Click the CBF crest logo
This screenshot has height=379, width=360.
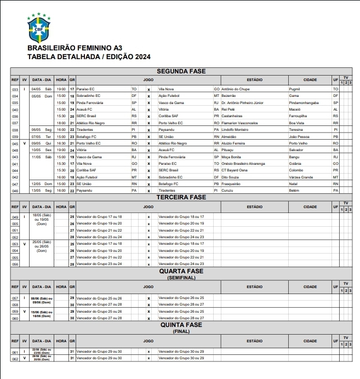point(38,28)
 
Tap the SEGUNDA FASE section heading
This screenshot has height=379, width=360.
point(181,71)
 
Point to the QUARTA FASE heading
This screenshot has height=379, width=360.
point(181,271)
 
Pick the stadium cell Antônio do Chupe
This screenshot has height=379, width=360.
point(236,89)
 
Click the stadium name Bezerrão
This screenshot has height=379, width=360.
point(230,95)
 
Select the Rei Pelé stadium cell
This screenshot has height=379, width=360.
point(229,109)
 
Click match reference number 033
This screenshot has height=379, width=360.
point(15,89)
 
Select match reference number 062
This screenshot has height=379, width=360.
point(15,358)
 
